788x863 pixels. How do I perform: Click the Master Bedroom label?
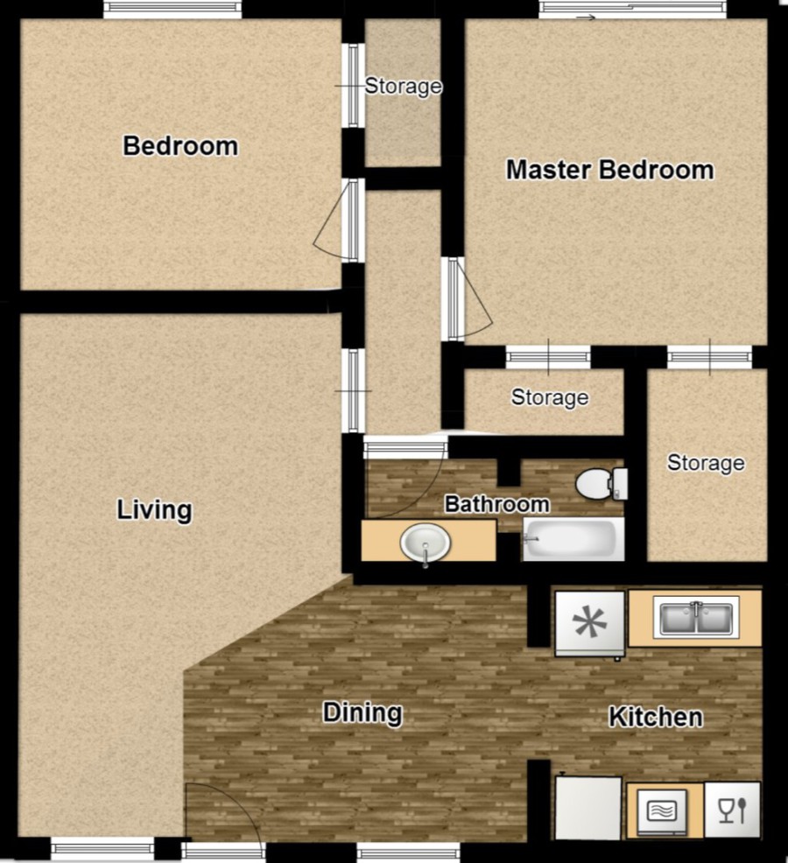pos(609,170)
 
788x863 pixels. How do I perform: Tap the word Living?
pos(155,509)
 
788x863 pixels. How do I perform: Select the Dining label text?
pos(362,712)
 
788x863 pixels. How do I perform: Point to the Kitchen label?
pos(655,717)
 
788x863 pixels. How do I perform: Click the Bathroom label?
pos(496,504)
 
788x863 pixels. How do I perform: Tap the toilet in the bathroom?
pos(602,484)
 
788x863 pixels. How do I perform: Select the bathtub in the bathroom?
pos(573,539)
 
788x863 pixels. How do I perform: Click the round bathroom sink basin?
pos(426,543)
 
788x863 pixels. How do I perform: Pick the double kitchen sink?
pos(696,618)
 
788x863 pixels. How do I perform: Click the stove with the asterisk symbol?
pos(590,623)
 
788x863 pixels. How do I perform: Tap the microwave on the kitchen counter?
pos(662,811)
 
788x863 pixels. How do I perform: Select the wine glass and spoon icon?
pos(732,810)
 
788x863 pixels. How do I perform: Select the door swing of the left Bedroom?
pos(329,221)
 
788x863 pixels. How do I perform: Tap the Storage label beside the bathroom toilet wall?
pos(706,463)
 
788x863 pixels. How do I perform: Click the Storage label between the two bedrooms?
pos(404,86)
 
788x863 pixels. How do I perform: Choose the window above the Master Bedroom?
pos(632,11)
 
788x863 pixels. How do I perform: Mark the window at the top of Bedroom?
pos(172,10)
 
